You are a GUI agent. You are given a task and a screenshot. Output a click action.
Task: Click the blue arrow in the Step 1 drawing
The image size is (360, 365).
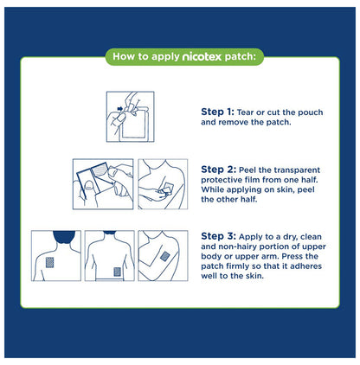pyautogui.click(x=119, y=109)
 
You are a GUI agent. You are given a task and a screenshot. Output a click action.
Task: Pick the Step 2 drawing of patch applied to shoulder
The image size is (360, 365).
pyautogui.click(x=163, y=182)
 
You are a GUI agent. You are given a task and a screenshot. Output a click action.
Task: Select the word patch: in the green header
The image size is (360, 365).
pyautogui.click(x=243, y=59)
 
